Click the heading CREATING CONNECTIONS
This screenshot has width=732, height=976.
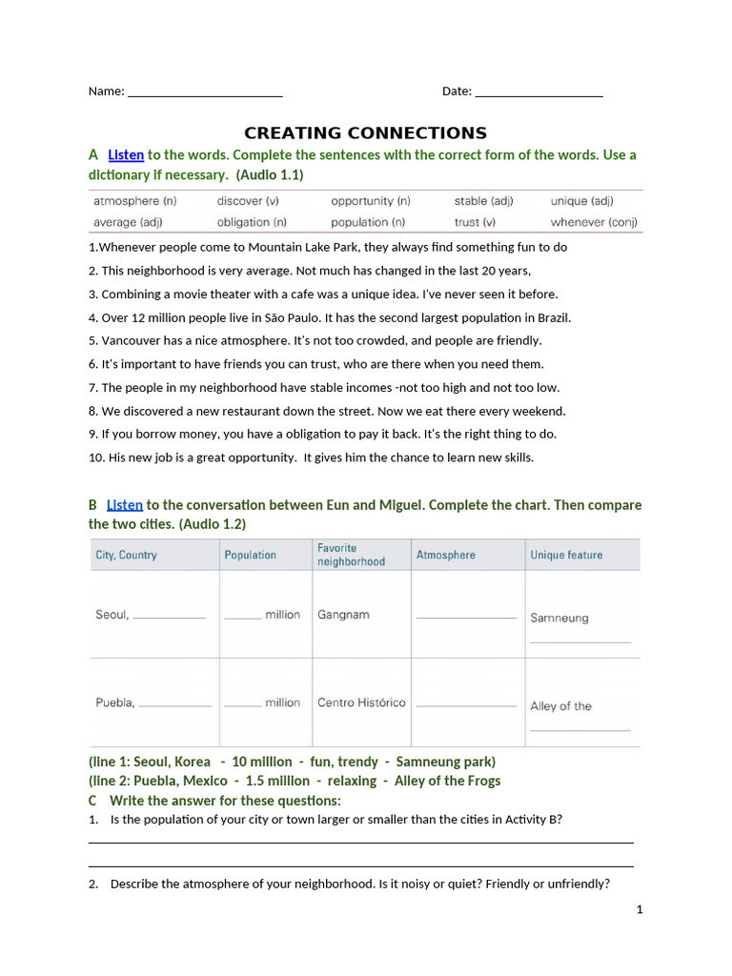click(365, 133)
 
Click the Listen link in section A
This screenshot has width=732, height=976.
click(125, 154)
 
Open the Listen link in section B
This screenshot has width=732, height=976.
click(124, 504)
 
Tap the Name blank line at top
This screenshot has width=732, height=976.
click(205, 92)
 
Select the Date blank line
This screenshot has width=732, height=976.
click(539, 92)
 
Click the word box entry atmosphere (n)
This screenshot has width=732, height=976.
click(134, 201)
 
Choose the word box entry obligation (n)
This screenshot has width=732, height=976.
click(252, 222)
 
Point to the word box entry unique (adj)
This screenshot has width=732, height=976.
click(581, 201)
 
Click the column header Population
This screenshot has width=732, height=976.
click(250, 555)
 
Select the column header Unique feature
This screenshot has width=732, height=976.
click(566, 555)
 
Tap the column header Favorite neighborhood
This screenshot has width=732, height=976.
click(351, 555)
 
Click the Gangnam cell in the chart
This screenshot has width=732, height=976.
click(343, 615)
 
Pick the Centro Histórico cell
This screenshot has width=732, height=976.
click(361, 702)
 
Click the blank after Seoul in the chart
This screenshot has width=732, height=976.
click(169, 617)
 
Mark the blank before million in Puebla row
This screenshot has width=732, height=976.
click(243, 704)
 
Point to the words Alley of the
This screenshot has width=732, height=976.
click(560, 706)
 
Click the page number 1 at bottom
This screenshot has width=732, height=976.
click(640, 909)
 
